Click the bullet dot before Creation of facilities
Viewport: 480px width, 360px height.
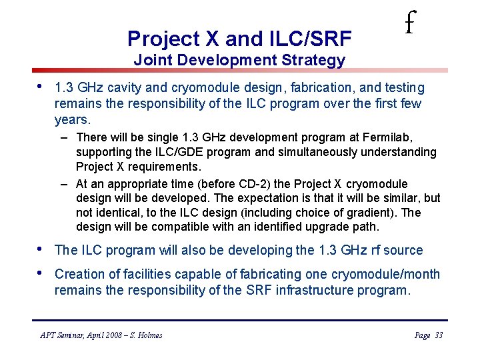pos(41,273)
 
